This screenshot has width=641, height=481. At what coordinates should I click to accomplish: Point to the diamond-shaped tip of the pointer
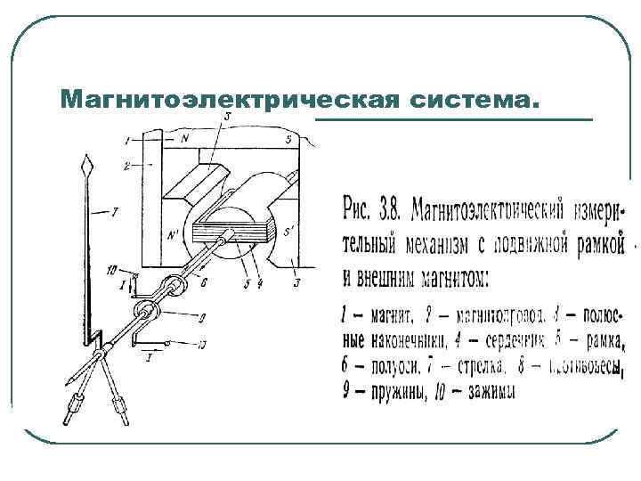coord(85,166)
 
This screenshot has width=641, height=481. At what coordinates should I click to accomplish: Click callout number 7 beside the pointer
coord(115,212)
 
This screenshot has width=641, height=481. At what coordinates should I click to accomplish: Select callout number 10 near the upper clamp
coord(110,269)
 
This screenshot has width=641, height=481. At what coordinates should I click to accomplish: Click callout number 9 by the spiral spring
coord(203,317)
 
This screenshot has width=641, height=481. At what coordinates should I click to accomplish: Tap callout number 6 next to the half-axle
coord(205,281)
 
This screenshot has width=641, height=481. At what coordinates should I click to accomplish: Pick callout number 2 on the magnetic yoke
coord(128,166)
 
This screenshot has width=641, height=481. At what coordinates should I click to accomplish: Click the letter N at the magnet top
coord(184,140)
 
